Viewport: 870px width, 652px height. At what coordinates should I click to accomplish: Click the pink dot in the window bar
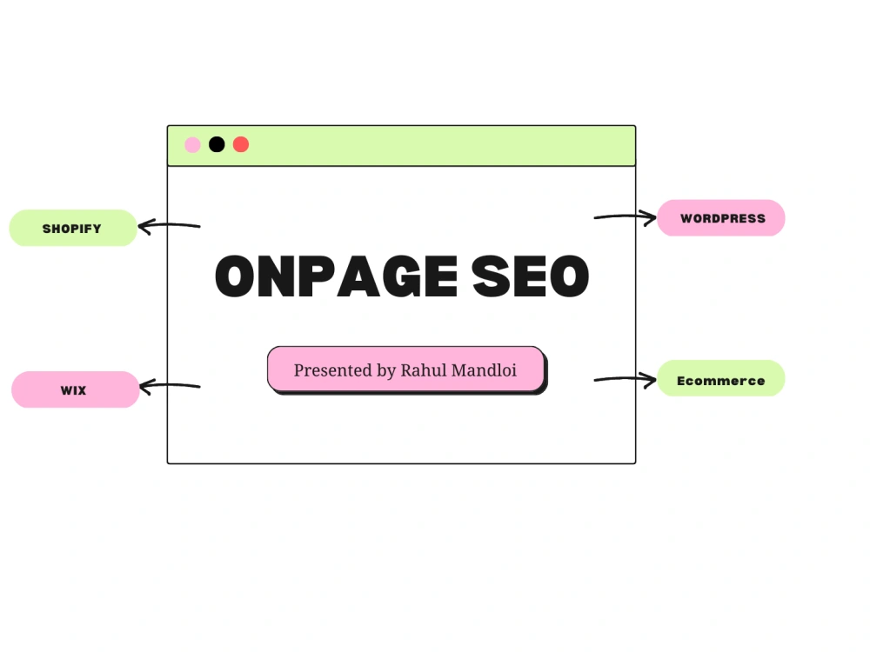point(192,144)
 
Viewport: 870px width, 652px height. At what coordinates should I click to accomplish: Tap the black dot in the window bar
point(217,144)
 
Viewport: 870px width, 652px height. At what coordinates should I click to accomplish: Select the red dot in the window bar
point(241,144)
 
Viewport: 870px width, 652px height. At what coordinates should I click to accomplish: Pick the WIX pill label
point(75,389)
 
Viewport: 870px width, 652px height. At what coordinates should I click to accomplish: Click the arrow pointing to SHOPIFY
point(170,225)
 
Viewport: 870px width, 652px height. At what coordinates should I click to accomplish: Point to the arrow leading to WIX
point(171,385)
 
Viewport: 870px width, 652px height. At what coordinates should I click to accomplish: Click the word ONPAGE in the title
point(336,276)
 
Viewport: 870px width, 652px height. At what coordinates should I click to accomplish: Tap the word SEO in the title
point(531,276)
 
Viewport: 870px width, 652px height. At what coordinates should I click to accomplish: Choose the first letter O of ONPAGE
point(235,276)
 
